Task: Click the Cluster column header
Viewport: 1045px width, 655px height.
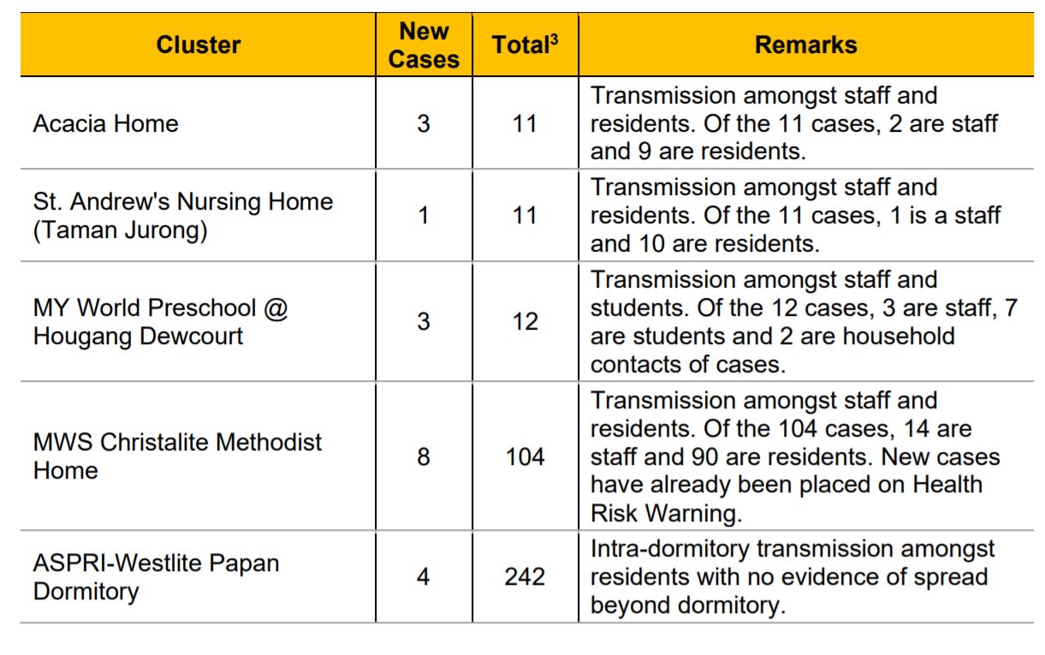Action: tap(198, 45)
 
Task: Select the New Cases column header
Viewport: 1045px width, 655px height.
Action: tap(424, 45)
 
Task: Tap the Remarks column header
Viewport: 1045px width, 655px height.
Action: tap(805, 45)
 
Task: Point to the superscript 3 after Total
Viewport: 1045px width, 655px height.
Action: tap(554, 38)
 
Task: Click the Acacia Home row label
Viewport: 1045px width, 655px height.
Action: tap(106, 123)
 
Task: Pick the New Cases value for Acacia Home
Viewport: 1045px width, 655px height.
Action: tap(424, 123)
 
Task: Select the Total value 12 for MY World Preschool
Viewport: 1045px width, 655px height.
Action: tap(525, 322)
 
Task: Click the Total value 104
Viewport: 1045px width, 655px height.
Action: tap(525, 456)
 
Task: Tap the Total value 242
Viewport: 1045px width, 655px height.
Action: tap(525, 576)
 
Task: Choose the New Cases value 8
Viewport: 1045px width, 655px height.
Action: tap(424, 456)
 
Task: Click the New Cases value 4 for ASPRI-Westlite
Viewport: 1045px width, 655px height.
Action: tap(424, 576)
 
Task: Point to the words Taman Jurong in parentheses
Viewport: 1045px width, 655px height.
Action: tap(120, 230)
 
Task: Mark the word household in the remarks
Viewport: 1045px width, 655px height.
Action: tap(898, 336)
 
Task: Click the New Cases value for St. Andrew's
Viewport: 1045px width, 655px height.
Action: tap(424, 216)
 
